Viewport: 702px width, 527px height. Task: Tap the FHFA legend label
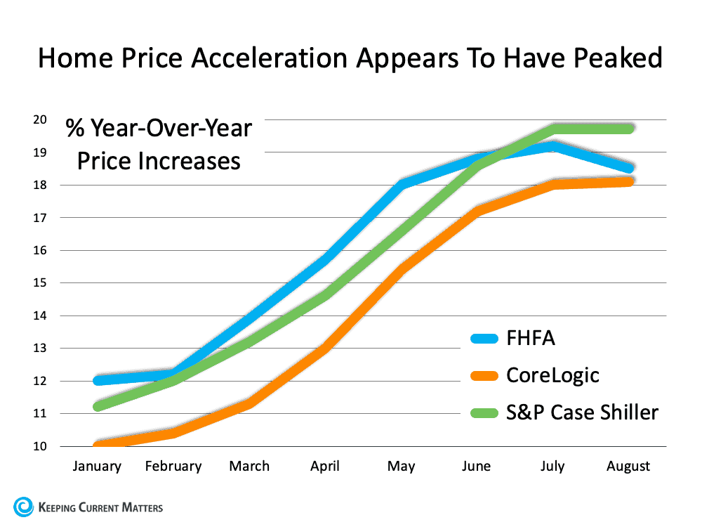click(530, 338)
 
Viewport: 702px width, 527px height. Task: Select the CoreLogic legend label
click(552, 375)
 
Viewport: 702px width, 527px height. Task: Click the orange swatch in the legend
click(484, 375)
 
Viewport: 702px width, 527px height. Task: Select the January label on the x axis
click(97, 466)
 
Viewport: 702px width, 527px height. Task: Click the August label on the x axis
click(628, 466)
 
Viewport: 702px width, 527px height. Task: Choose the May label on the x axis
click(402, 466)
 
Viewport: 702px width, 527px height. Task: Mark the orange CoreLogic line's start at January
click(97, 445)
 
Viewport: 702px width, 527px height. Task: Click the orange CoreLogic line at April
click(325, 348)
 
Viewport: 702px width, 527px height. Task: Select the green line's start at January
click(97, 406)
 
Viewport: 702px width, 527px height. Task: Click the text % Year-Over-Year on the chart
click(159, 129)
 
